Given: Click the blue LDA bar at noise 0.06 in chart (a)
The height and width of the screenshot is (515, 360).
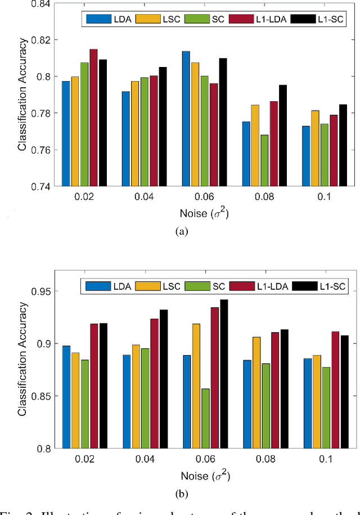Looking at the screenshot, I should [186, 119].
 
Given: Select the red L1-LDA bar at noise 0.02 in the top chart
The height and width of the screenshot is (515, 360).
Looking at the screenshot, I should [93, 118].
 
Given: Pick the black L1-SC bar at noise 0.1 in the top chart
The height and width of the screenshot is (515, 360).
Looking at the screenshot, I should [343, 145].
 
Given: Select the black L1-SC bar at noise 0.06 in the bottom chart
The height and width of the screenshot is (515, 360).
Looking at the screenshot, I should [224, 374].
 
